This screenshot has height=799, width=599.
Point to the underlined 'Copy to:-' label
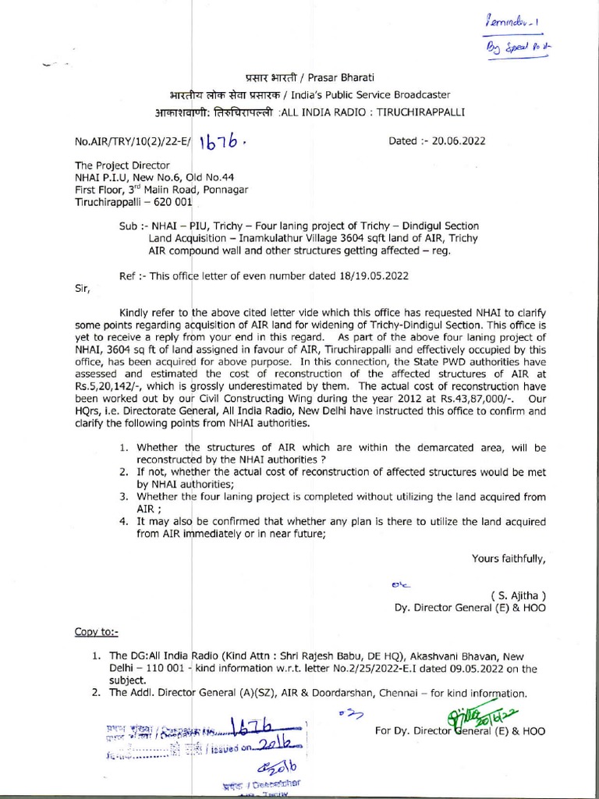(x=97, y=630)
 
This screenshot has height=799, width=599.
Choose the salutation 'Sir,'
(x=82, y=288)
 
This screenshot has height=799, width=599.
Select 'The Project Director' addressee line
(x=122, y=165)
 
